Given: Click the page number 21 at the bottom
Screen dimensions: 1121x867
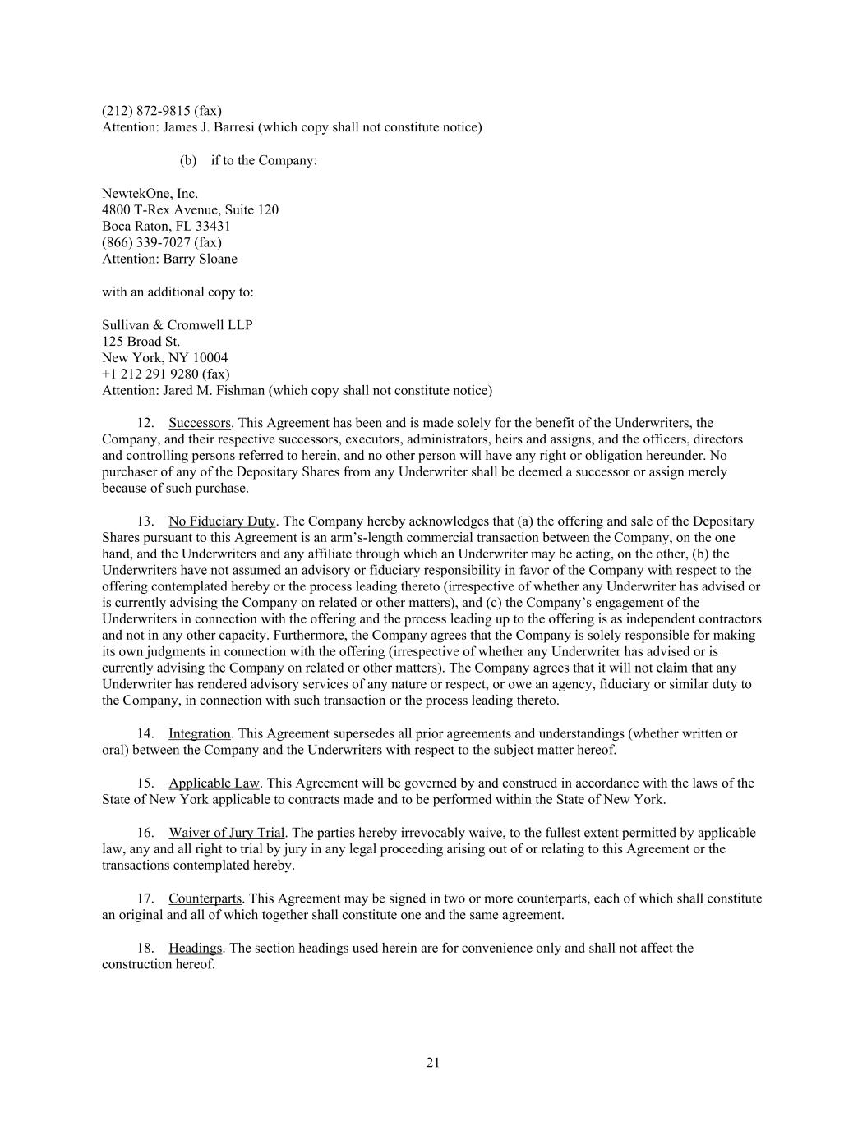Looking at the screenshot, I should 433,1063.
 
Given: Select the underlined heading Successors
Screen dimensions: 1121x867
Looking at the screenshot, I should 200,423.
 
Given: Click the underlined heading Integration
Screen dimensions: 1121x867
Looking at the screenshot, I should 200,734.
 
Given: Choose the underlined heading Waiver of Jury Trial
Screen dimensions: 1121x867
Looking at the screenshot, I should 227,833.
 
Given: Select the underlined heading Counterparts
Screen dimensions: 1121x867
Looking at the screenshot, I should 205,898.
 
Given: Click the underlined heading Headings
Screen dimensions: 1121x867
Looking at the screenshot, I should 195,948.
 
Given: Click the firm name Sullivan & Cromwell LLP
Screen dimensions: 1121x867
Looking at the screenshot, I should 177,325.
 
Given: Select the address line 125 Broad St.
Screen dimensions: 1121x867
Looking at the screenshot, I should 141,342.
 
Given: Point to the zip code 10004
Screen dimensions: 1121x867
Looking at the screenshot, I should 210,358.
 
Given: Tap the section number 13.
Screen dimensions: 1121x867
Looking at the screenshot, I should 145,521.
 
